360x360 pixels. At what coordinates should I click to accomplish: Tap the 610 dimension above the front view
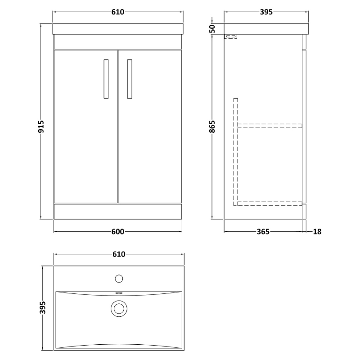(117, 12)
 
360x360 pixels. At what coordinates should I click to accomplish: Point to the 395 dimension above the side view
(266, 12)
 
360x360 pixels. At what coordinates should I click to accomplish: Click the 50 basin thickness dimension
(213, 29)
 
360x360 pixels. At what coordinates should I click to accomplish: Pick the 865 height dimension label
(213, 127)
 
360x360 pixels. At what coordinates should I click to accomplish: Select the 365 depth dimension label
(263, 232)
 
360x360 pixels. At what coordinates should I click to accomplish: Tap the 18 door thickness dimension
(317, 232)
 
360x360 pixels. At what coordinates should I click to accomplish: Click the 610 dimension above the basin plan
(118, 254)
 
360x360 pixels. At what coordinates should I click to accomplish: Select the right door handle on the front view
(130, 78)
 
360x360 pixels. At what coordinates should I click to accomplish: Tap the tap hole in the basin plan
(119, 279)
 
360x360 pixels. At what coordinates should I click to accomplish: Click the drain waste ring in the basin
(119, 308)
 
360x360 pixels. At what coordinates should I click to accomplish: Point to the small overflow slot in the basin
(119, 292)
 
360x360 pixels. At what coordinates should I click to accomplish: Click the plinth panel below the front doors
(117, 211)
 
